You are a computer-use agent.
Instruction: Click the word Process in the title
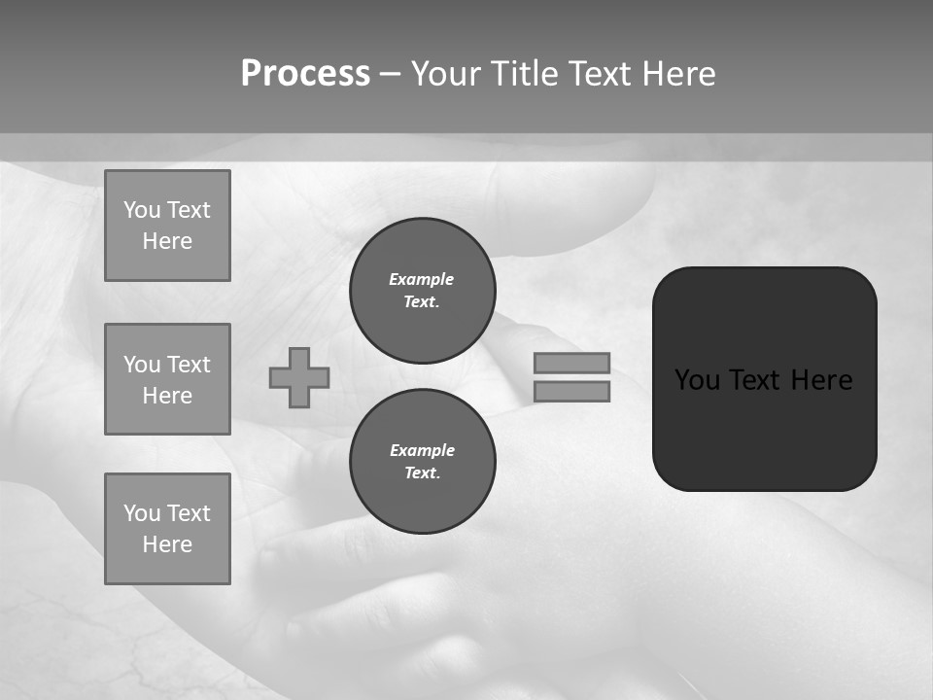[305, 74]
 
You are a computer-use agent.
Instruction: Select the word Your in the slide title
[446, 74]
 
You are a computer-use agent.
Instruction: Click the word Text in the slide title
[599, 74]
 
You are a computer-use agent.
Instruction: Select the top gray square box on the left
[167, 226]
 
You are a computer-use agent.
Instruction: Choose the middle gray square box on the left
[167, 379]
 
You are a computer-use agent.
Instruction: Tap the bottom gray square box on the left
[167, 529]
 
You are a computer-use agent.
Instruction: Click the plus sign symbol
[299, 377]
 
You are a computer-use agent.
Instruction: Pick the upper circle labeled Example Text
[422, 290]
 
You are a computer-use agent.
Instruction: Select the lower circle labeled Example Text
[422, 461]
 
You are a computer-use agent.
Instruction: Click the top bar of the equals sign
[571, 363]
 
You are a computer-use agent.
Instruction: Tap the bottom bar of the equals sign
[571, 392]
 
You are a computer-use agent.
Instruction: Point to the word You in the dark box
[697, 380]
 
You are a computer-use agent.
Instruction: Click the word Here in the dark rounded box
[821, 380]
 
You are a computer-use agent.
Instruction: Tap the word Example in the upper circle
[422, 279]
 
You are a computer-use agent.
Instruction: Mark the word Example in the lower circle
[422, 450]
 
